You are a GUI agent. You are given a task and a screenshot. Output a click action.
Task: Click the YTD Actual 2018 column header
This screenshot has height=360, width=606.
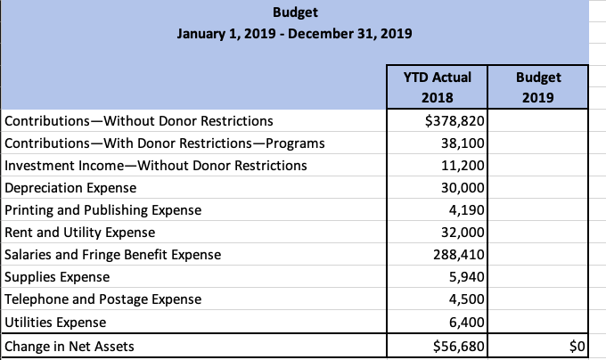[x=438, y=86]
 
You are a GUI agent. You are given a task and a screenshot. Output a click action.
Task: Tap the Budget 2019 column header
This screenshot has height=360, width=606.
[x=539, y=86]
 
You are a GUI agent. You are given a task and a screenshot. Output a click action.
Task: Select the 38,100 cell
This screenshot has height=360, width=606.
[x=464, y=143]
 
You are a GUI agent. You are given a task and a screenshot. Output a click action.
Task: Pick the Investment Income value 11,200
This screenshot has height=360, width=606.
[x=464, y=165]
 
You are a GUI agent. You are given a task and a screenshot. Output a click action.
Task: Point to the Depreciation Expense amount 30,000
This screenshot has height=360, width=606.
[x=464, y=188]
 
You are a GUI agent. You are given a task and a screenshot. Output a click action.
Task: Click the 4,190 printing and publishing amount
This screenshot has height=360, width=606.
[x=468, y=210]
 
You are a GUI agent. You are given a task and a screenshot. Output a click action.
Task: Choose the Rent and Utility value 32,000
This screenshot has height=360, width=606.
[x=464, y=233]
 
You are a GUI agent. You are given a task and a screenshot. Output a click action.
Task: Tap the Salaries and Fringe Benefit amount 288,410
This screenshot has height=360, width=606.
[x=461, y=255]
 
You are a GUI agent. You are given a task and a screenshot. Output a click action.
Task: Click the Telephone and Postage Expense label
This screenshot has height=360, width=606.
[x=103, y=299]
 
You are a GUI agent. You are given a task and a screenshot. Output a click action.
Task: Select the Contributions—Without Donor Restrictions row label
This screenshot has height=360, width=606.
[x=139, y=120]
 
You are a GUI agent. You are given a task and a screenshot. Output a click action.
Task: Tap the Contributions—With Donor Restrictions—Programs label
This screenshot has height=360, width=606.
[x=165, y=143]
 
